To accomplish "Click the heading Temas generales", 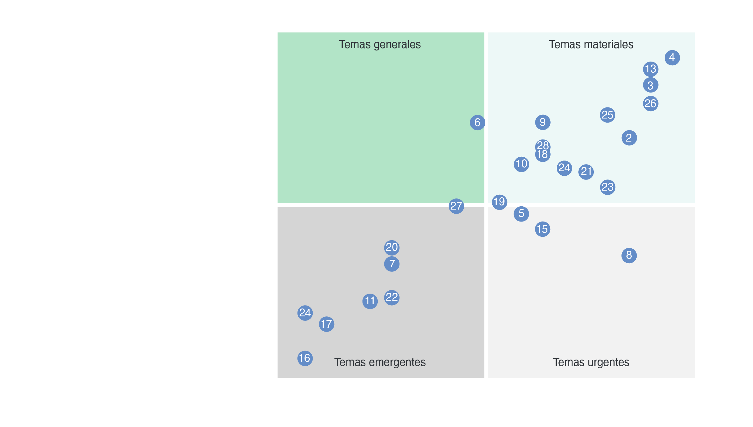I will pos(379,45).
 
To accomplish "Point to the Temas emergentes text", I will pos(380,362).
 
